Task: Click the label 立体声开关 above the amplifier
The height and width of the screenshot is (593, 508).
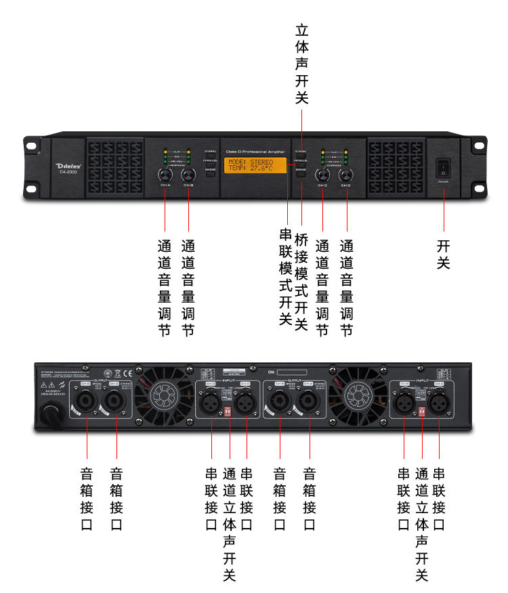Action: [x=302, y=64]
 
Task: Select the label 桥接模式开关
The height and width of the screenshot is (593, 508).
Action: [x=302, y=281]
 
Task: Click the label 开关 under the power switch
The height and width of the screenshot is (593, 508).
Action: [x=444, y=254]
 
